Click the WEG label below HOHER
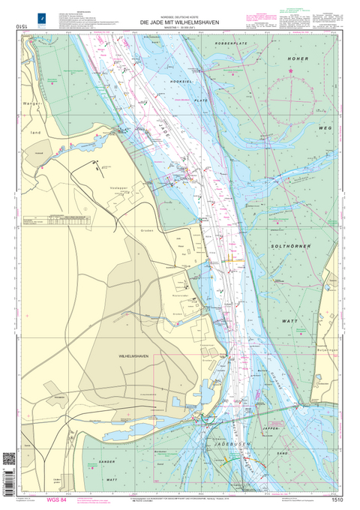coord(325,129)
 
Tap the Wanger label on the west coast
coord(31,103)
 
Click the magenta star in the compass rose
coord(291,71)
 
